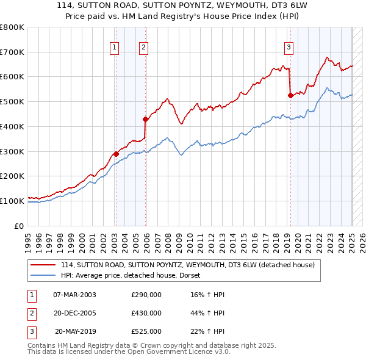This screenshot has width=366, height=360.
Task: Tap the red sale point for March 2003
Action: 116,154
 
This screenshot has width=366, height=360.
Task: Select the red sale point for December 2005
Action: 146,119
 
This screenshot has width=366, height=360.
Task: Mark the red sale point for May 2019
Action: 290,95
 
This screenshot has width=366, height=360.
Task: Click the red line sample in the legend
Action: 44,265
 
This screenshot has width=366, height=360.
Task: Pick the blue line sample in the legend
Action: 44,275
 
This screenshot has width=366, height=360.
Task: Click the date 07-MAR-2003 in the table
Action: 74,295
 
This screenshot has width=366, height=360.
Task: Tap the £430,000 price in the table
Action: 146,313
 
